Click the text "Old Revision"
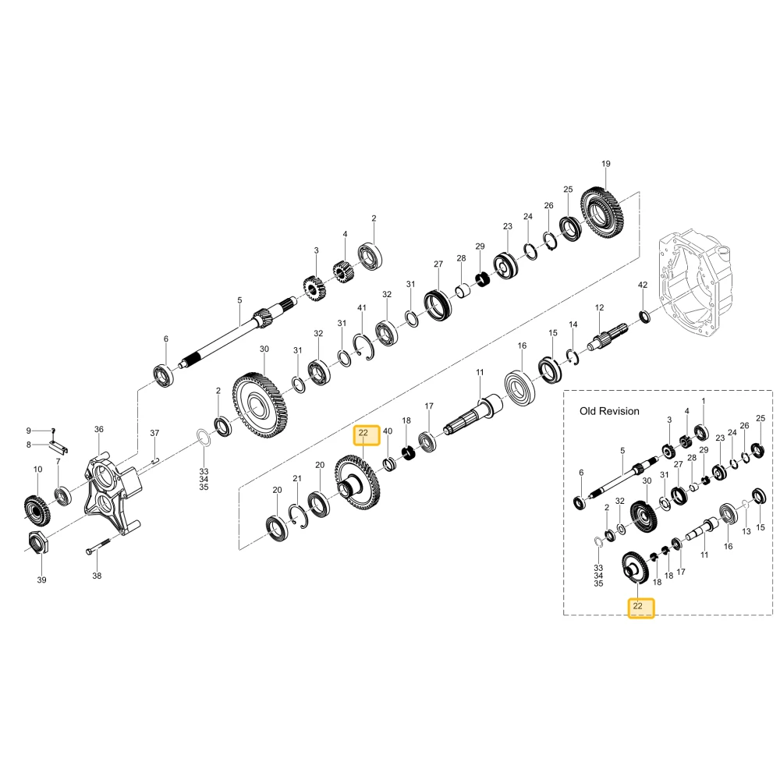pos(609,411)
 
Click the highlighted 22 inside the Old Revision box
pos(640,608)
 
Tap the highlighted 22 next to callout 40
pos(366,434)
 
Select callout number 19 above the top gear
pos(605,164)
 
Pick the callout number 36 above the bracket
pos(99,429)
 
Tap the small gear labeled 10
pos(37,510)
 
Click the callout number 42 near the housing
pos(643,285)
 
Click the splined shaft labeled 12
pos(608,337)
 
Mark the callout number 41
pos(362,307)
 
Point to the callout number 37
pos(154,433)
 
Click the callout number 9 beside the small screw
pos(28,431)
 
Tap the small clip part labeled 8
pos(58,446)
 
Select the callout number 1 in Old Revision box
pos(704,400)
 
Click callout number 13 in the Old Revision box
pos(746,531)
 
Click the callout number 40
pos(388,431)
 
